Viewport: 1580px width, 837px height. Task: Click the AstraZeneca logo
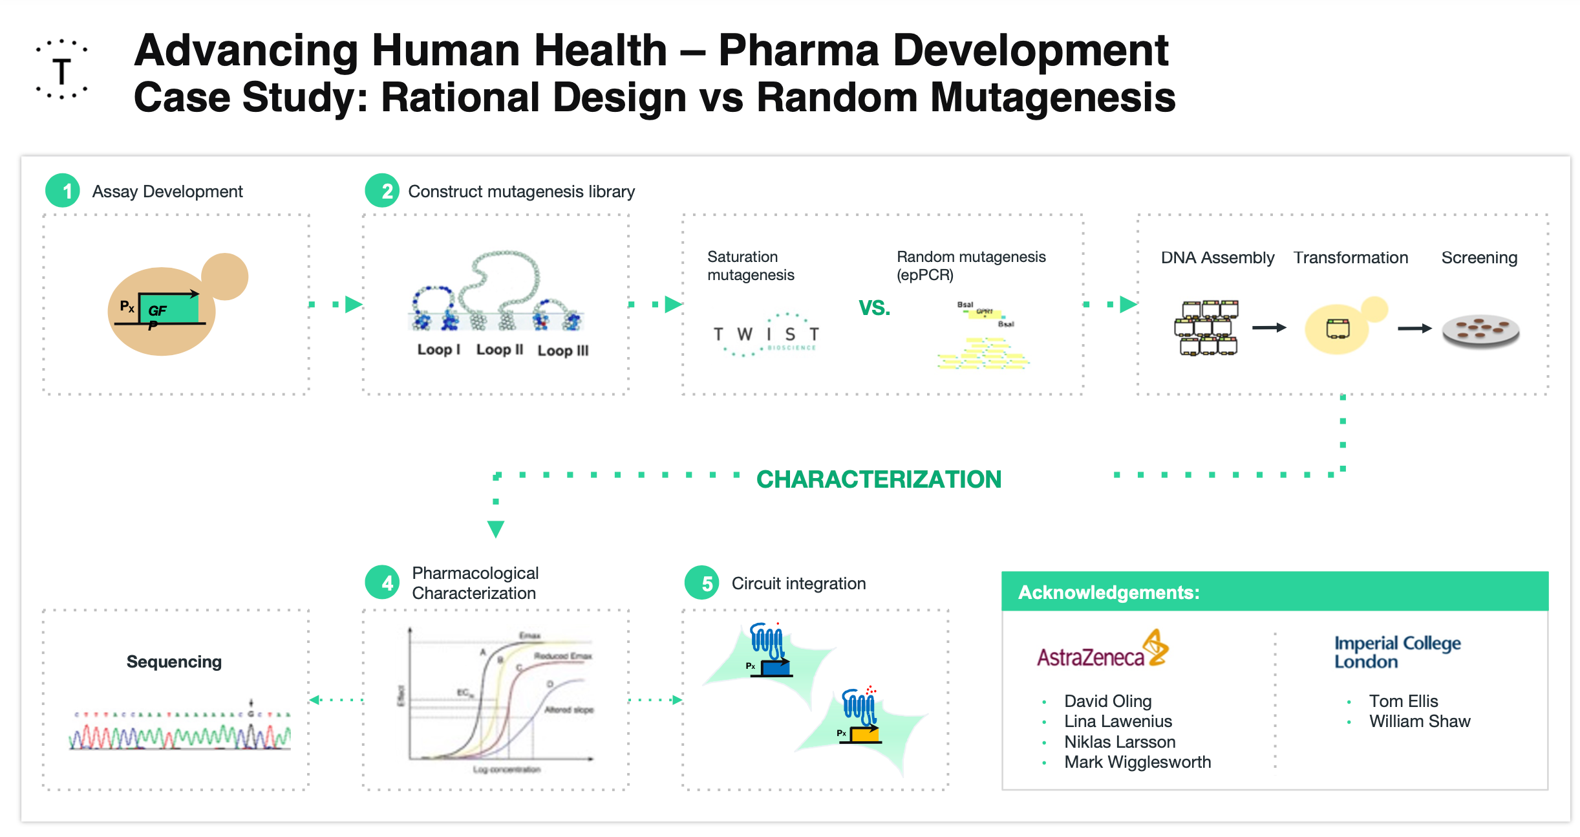[1102, 650]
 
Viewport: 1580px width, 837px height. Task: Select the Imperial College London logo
[1397, 651]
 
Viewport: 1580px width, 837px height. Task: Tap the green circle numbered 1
[63, 191]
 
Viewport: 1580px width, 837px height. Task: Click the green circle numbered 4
[382, 583]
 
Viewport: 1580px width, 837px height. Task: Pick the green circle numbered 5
[702, 583]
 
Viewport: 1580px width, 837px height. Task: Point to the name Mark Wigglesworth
[1137, 762]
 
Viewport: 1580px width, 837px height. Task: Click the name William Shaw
[1419, 721]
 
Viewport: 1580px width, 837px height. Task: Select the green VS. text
[874, 308]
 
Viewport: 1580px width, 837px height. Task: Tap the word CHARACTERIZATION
[879, 479]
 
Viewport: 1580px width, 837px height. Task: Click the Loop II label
[499, 349]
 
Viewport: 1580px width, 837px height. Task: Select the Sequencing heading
[174, 662]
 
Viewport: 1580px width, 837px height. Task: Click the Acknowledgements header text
[1109, 592]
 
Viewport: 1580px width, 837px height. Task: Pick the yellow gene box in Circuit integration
[864, 734]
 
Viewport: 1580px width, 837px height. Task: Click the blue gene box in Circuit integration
[776, 668]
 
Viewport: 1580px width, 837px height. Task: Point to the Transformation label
[1350, 257]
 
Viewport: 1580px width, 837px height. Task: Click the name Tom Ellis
[1403, 701]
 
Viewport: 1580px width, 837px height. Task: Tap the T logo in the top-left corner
[62, 70]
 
